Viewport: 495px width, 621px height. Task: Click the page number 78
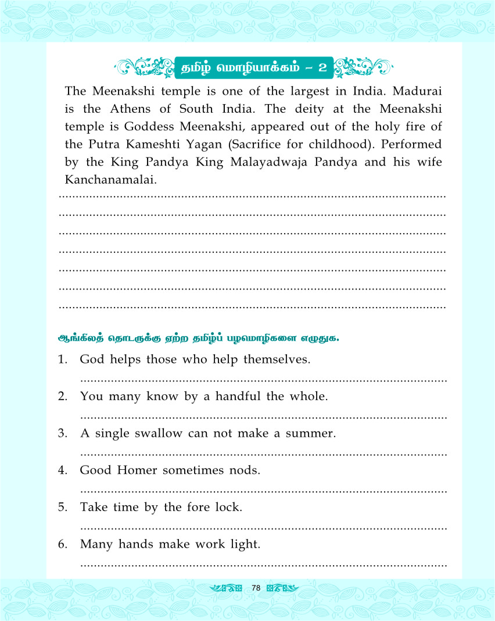point(256,588)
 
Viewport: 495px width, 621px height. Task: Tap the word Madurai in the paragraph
point(419,91)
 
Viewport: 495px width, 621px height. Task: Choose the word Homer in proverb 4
point(138,470)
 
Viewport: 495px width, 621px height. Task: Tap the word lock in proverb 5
point(227,507)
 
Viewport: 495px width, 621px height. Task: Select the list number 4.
point(62,470)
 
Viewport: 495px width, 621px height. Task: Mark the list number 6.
point(62,544)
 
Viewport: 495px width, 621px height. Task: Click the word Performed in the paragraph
point(410,144)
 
